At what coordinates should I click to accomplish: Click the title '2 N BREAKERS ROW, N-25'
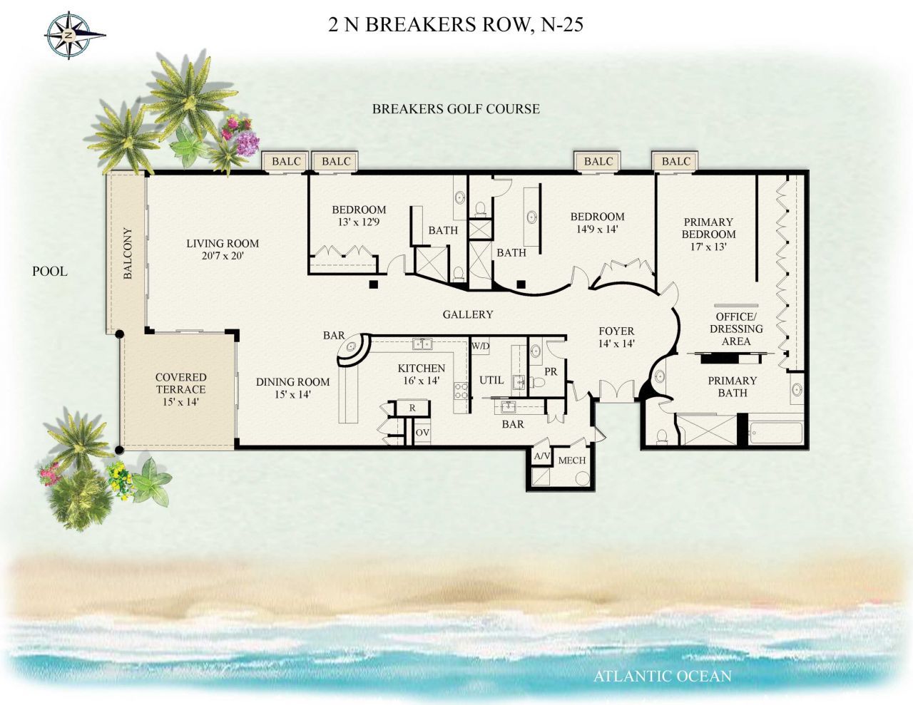(456, 25)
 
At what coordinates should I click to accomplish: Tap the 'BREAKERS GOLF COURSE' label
(456, 109)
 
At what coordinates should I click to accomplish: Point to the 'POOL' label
(50, 271)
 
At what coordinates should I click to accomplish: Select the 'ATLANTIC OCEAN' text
(663, 676)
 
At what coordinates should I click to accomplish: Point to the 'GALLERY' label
(468, 314)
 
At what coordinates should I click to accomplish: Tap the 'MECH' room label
(571, 460)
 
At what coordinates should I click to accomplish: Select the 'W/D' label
(480, 346)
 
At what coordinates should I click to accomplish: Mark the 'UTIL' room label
(491, 380)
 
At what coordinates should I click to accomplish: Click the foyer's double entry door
(616, 391)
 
